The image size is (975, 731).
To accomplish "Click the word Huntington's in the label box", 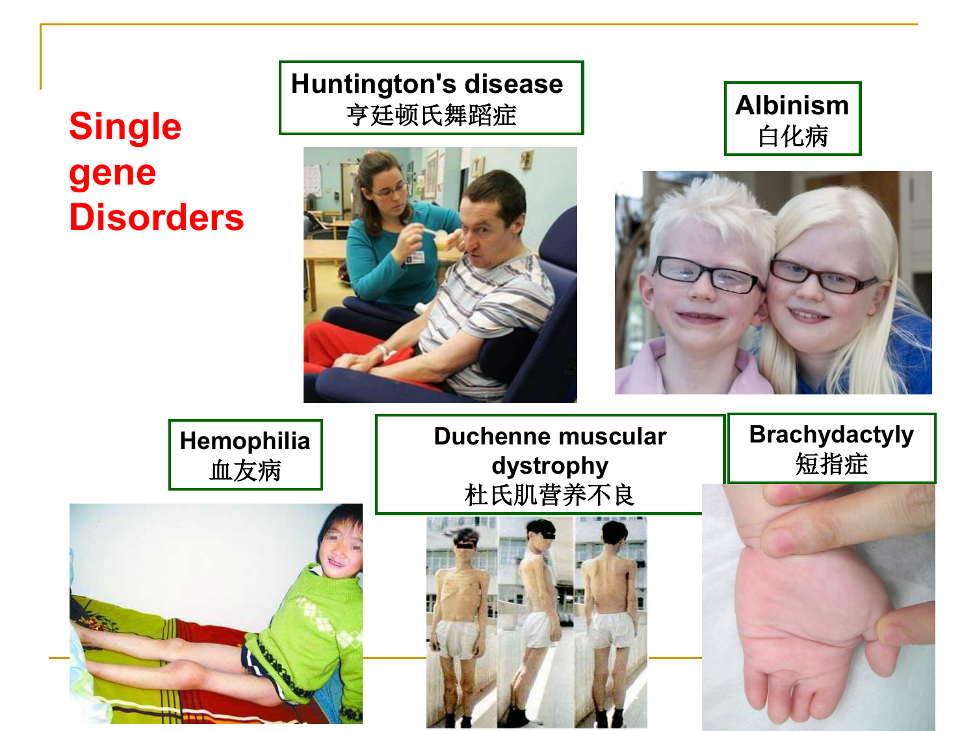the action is [x=367, y=84].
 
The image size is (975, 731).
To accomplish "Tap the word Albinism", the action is [x=792, y=105].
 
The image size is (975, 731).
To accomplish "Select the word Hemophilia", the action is [x=245, y=441].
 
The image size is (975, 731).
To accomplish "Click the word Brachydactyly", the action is [x=831, y=435].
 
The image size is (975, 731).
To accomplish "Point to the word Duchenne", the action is [x=493, y=436].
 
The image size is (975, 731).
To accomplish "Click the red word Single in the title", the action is [x=125, y=127].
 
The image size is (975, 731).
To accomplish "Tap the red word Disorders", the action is [x=157, y=217].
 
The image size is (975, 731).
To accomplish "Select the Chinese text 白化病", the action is [x=792, y=136].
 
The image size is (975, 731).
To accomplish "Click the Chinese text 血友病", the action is [x=245, y=470].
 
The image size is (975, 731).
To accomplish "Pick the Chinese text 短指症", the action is [x=831, y=464].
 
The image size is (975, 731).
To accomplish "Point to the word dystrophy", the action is [x=550, y=467].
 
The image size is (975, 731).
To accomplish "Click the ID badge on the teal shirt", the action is [x=415, y=257].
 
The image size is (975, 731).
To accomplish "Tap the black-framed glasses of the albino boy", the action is [x=707, y=274].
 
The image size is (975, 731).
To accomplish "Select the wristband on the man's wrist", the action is [x=384, y=351].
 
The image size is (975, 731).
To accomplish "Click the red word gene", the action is [x=112, y=173].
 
